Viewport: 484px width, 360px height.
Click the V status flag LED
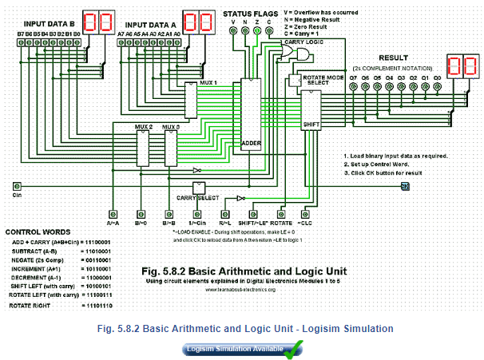[x=232, y=30]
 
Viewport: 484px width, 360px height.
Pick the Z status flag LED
[x=256, y=30]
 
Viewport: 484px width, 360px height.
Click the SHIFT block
[x=311, y=112]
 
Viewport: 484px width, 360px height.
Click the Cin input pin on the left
[x=17, y=186]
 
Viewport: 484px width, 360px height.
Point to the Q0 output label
[x=437, y=78]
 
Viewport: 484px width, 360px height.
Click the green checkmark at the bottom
[x=294, y=347]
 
